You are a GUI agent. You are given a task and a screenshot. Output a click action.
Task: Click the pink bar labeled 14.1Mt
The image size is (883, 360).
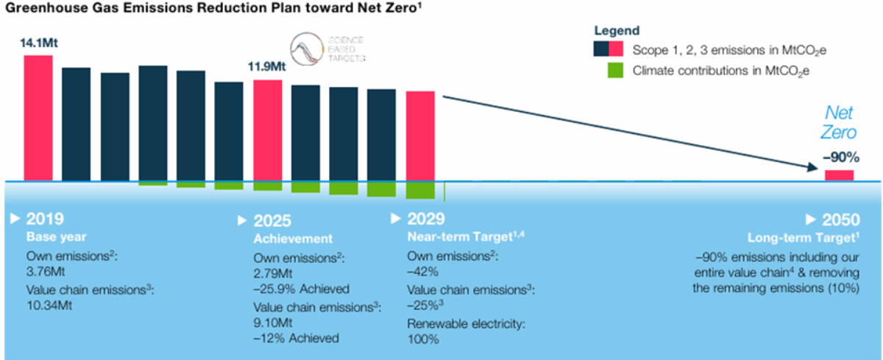pos(38,118)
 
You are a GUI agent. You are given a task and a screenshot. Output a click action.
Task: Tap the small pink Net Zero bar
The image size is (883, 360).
pos(839,175)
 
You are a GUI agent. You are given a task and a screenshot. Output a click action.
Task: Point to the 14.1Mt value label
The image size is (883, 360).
pos(38,43)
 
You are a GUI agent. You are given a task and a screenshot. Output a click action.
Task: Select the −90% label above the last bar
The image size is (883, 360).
pos(839,158)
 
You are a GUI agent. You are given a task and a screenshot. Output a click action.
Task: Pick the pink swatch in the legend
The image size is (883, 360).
pos(616,49)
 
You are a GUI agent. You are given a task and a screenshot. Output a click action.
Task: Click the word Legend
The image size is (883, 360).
pos(617,31)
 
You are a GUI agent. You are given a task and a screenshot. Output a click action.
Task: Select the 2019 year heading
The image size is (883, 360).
pos(45,219)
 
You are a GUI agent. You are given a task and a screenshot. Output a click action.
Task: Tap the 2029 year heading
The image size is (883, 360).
pos(426,219)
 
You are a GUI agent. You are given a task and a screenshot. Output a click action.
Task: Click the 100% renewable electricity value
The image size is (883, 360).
pos(423,339)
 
